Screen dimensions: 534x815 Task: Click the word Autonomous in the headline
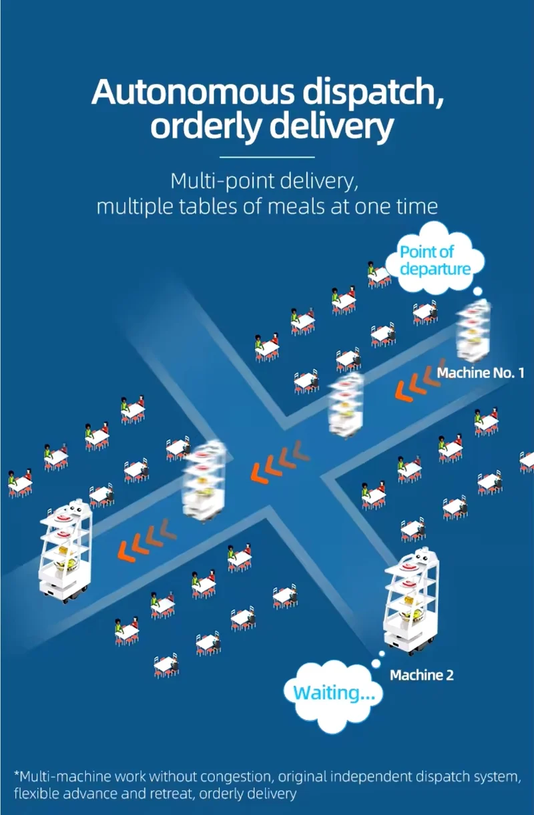tap(192, 91)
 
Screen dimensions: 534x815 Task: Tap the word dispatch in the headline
tap(374, 92)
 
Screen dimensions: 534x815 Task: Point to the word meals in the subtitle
tap(296, 206)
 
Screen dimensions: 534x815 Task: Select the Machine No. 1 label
tap(481, 373)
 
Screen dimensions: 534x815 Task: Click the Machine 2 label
tap(422, 675)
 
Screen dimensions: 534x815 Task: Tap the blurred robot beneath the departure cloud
tap(472, 330)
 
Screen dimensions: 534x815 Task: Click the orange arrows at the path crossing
tap(280, 461)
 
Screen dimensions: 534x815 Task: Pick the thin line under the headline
tap(268, 157)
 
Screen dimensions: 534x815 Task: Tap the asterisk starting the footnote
tap(17, 774)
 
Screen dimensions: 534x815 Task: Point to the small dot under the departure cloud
tap(478, 291)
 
